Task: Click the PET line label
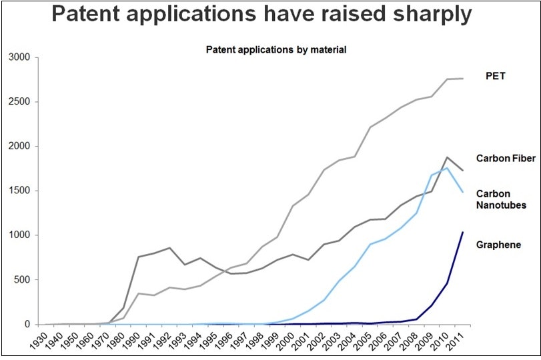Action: coord(495,76)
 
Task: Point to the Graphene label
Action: coord(498,245)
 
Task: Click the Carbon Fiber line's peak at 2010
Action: coord(448,157)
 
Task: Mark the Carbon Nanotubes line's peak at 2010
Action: coord(448,168)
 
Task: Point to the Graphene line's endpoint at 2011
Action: coord(463,232)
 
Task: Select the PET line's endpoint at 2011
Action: coord(463,79)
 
